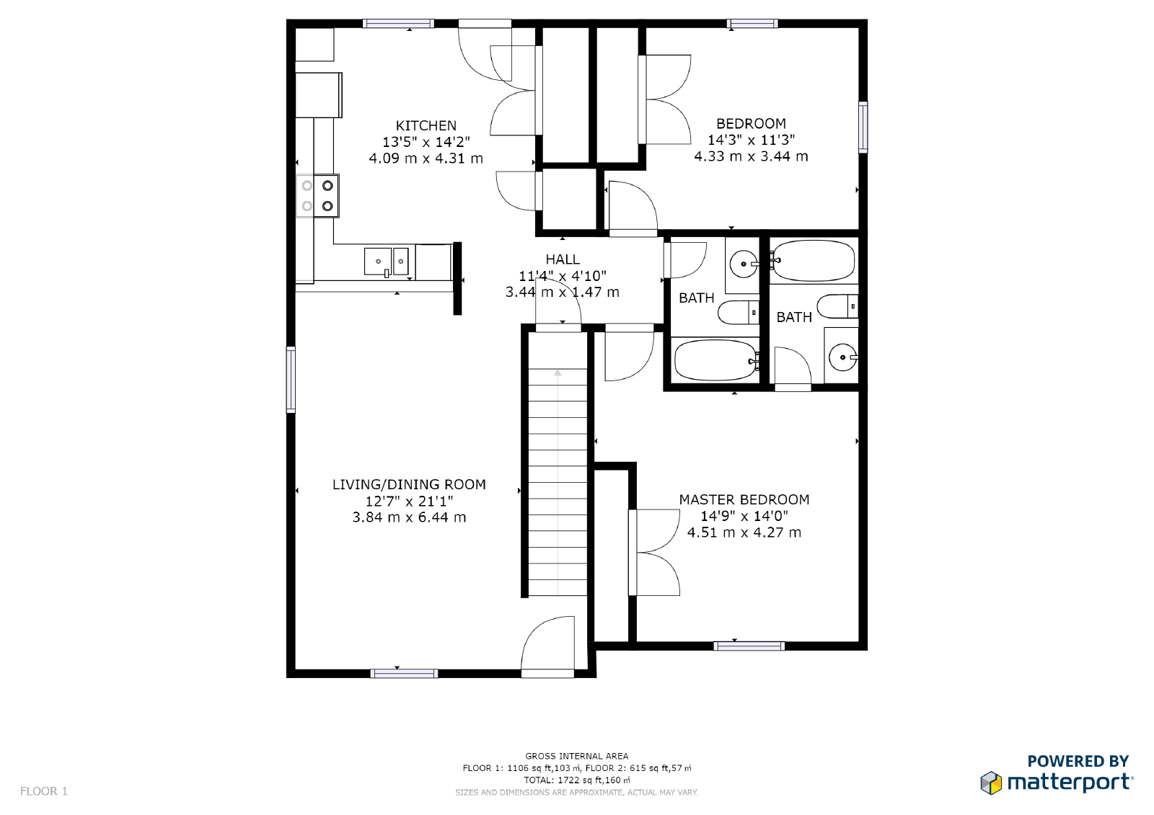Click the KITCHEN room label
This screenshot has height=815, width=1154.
point(426,125)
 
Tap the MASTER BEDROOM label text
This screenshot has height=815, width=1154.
point(744,499)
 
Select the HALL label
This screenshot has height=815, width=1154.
point(562,259)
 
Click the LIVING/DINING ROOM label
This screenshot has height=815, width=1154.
point(409,484)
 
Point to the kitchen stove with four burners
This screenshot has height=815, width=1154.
point(317,195)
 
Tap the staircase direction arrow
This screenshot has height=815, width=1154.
point(558,373)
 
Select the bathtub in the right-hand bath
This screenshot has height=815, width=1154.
point(813,260)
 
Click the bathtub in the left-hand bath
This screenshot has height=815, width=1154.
point(714,360)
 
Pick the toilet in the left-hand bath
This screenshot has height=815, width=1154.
point(739,312)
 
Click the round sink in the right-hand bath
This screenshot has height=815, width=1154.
point(842,357)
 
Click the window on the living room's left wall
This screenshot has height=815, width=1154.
point(291,379)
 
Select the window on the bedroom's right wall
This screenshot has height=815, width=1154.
point(863,128)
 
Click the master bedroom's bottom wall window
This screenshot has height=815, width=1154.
point(749,646)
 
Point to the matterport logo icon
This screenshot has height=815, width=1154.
point(991,783)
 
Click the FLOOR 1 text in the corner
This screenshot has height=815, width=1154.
point(44,791)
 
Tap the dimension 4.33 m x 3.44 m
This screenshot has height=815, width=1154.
point(751,156)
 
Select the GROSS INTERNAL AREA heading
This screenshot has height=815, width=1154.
point(576,756)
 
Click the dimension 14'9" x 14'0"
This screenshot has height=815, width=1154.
point(744,516)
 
